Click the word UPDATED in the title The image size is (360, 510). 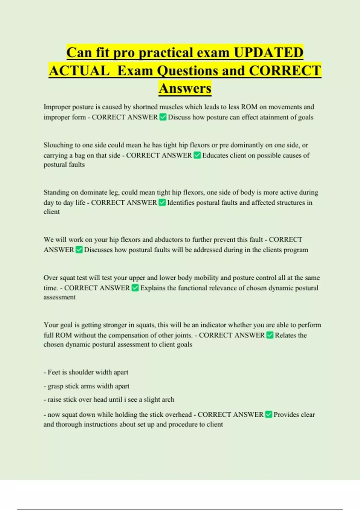268,52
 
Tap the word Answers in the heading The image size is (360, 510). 185,88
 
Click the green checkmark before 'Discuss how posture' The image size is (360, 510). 163,117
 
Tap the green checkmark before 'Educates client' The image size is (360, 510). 197,155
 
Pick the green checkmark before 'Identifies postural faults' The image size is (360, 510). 162,202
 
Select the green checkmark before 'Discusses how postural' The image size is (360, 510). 79,250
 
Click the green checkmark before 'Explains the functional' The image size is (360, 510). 135,288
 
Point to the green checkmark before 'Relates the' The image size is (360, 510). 270,335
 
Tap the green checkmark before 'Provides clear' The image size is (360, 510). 268,414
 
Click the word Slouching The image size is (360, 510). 58,145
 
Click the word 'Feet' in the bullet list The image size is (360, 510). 54,372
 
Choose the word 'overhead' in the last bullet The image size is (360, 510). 178,415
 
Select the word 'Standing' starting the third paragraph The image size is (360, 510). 56,192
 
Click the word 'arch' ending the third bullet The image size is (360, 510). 168,400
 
